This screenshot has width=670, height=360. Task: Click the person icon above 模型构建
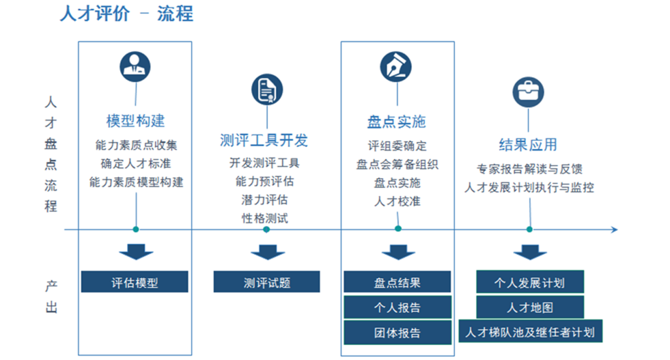[135, 67]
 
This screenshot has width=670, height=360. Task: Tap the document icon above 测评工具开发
[267, 89]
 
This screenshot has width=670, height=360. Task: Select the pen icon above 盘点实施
[396, 67]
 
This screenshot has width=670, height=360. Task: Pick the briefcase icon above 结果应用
[528, 92]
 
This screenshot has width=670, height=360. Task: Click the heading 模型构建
[135, 121]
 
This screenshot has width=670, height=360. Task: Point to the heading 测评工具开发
[264, 140]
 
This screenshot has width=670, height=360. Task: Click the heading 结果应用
[528, 145]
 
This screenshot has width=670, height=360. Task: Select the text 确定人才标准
[136, 164]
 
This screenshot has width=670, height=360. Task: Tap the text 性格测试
[265, 219]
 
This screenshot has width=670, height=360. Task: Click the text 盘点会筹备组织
[397, 165]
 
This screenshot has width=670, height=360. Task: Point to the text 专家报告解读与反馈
[529, 169]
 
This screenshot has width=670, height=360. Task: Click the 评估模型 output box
[135, 281]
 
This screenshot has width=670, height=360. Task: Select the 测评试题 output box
[266, 281]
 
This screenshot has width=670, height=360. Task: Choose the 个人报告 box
[397, 307]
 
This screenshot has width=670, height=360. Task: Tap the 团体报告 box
[397, 332]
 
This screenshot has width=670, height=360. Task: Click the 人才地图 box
[530, 307]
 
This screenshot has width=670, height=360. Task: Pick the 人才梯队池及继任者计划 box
[530, 331]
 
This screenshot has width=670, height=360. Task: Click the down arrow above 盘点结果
[398, 252]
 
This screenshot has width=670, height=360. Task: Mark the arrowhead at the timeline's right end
[615, 230]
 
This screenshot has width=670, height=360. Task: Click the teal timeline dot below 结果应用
[529, 229]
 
